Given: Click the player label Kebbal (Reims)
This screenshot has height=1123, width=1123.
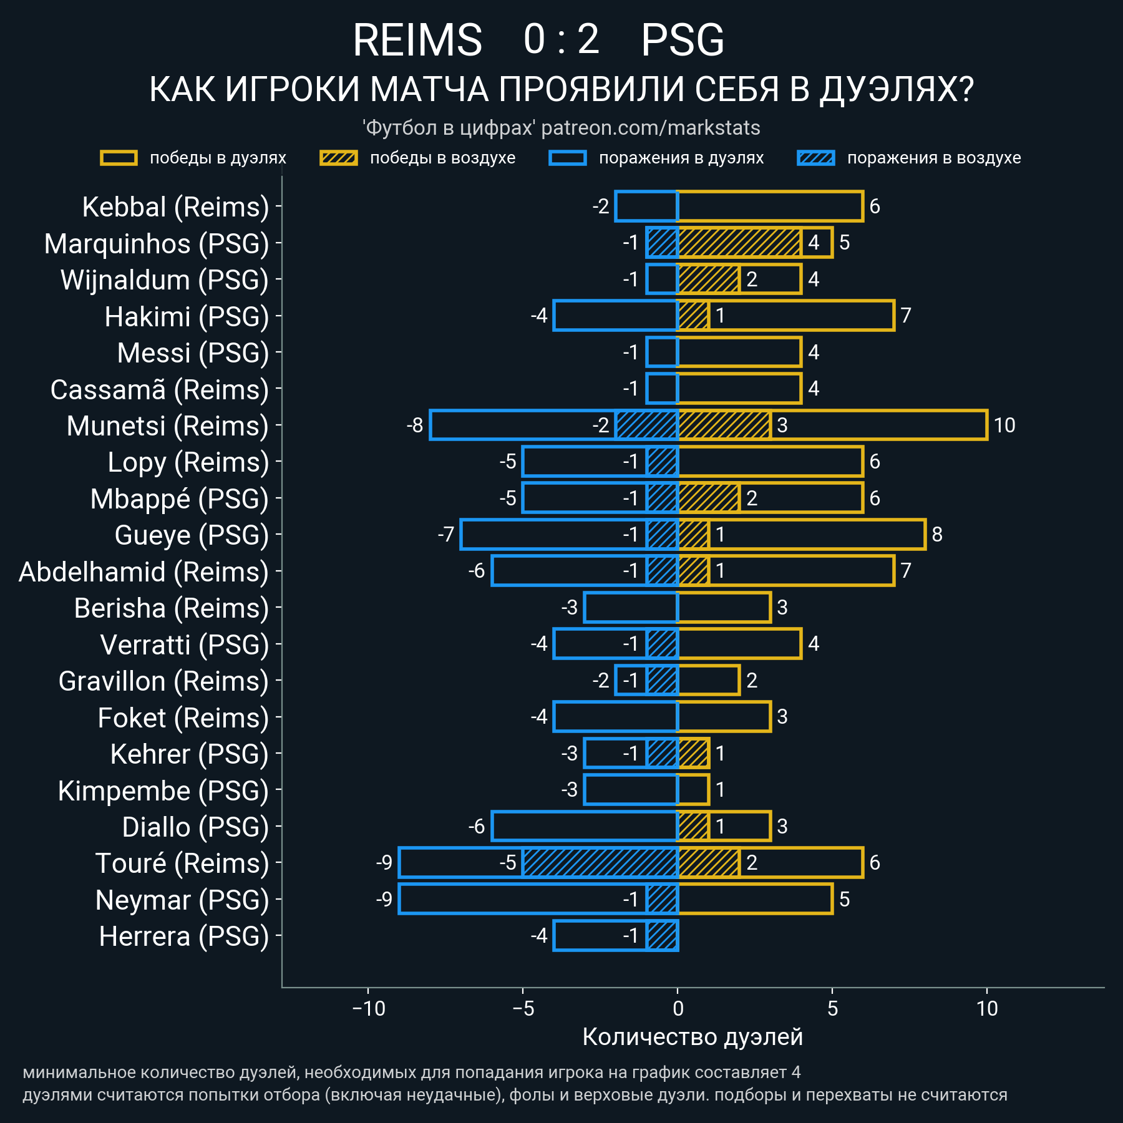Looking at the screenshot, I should (x=175, y=207).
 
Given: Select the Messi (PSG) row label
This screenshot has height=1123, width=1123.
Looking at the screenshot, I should (x=193, y=353).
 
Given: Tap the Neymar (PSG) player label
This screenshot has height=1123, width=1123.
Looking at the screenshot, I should (x=182, y=900).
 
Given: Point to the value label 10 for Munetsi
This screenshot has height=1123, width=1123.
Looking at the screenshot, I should (x=1004, y=425).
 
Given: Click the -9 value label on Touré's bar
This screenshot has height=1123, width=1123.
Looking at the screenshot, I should (x=384, y=862).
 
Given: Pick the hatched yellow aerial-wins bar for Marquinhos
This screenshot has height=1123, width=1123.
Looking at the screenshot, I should (x=739, y=243).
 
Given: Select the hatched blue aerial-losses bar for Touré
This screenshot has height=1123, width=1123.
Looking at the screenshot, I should (x=600, y=863).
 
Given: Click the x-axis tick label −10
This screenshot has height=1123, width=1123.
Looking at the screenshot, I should (x=369, y=1009).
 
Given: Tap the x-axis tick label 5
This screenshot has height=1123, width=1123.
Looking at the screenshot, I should (x=832, y=1009).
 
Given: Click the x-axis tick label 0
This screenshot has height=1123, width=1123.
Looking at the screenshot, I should (x=678, y=1009).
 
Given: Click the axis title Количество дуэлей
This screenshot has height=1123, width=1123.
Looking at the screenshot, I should (x=693, y=1037).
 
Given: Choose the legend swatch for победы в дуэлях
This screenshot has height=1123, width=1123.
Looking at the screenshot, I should (x=119, y=158).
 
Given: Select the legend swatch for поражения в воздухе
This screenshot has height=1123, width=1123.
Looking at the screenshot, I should (x=815, y=158).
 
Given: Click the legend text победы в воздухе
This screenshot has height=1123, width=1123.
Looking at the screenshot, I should (x=442, y=158).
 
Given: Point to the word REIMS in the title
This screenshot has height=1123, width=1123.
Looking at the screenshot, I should (x=417, y=41).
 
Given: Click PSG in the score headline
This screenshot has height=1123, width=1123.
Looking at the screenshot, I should (x=683, y=41).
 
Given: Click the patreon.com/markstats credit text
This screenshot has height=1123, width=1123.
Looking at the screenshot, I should (x=650, y=128).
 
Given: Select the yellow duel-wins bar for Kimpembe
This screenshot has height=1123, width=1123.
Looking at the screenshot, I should (x=693, y=790).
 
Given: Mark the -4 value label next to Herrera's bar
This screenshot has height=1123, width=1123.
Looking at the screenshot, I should (x=539, y=936).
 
